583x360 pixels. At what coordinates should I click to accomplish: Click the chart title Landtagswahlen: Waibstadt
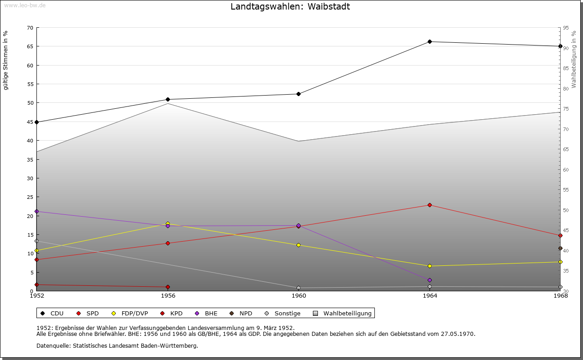point(290,6)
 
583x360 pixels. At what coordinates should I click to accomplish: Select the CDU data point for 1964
point(430,42)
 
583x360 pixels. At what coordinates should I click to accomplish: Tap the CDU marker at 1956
point(168,99)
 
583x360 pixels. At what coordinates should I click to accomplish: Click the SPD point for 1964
point(430,205)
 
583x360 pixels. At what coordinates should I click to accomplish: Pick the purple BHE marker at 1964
point(430,280)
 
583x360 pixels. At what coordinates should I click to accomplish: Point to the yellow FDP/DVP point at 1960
point(298,245)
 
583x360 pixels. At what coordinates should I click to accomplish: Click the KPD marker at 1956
point(168,287)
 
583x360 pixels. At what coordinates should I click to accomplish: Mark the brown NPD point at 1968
point(560,248)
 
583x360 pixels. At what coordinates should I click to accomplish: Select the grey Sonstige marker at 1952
point(37,241)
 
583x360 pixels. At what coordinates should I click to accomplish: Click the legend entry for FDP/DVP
point(134,314)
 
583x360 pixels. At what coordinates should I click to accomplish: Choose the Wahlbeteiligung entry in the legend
point(347,314)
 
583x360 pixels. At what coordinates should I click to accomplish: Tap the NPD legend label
point(245,314)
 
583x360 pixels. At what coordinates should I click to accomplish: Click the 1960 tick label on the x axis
point(298,296)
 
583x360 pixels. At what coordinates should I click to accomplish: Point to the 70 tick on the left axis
point(30,28)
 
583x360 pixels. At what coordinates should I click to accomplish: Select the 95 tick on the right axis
point(566,28)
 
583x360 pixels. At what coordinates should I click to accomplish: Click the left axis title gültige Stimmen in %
point(6,61)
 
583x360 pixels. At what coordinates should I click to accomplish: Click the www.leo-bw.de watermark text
point(25,5)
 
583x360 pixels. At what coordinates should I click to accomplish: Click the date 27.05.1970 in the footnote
point(458,334)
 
